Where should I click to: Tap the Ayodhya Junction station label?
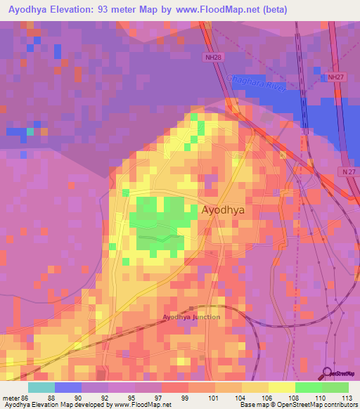pos(191,317)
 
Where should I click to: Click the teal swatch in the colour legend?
pos(41,387)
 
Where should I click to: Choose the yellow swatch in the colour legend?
pos(281,387)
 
